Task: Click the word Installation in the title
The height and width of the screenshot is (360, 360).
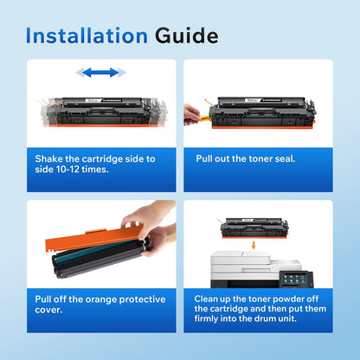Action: coord(87,35)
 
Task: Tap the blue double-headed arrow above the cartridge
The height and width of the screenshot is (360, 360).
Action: coord(97,74)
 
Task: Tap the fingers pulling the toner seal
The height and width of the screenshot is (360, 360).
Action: coord(190,112)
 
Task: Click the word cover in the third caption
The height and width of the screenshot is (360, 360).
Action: coord(50,312)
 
